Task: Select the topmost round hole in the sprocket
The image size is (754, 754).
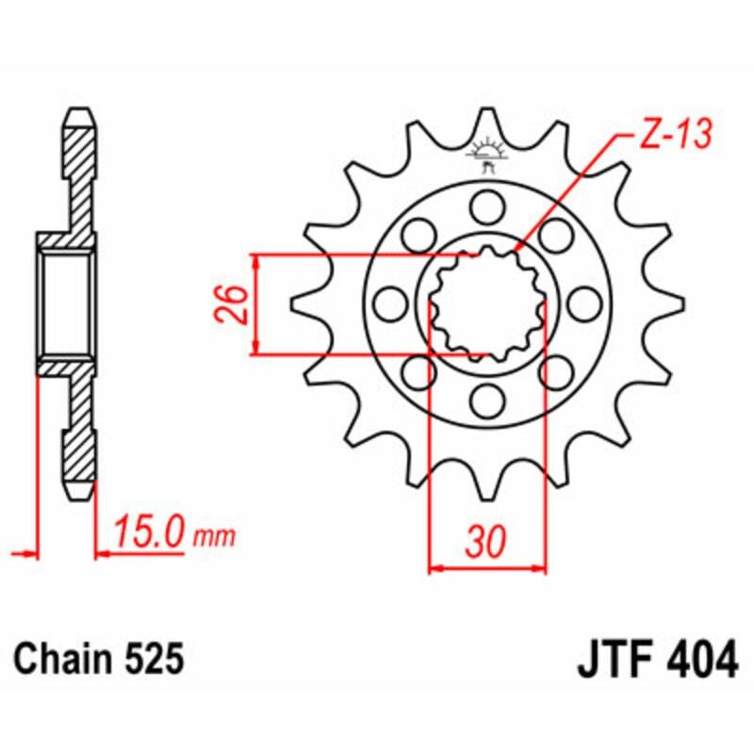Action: tap(487, 204)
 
